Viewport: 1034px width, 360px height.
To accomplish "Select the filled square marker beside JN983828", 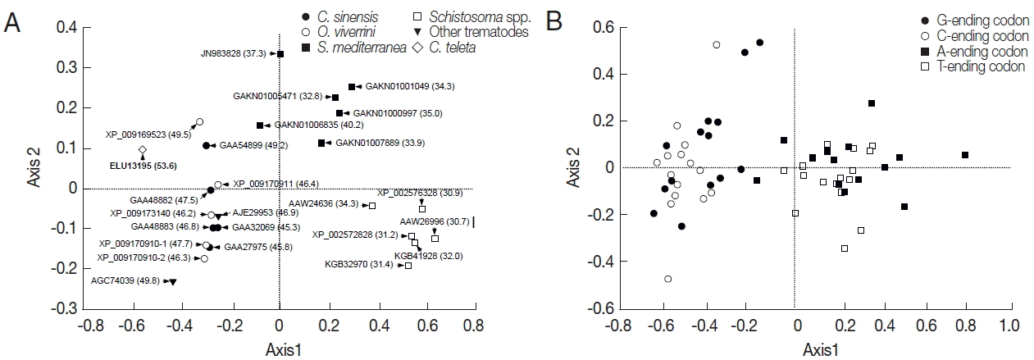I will point(280,54).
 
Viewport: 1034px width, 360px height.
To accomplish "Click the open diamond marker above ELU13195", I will point(143,150).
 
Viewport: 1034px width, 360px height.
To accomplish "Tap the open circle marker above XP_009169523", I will point(199,122).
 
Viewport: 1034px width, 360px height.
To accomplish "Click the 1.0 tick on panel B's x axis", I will point(1008,325).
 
